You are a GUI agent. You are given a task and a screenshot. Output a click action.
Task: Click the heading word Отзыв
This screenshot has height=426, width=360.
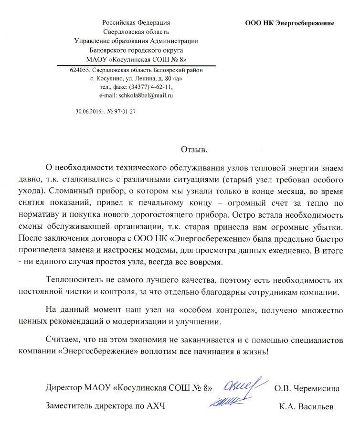pos(194,150)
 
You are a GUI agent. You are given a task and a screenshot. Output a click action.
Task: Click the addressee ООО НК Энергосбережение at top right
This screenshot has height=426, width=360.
pos(290,23)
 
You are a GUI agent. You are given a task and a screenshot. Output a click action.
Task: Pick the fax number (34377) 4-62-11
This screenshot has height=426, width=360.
pos(148,87)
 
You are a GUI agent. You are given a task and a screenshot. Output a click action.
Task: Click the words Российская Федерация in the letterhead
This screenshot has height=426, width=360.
pos(137,22)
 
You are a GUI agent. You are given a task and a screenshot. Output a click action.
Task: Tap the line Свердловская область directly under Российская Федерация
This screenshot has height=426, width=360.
pos(137,32)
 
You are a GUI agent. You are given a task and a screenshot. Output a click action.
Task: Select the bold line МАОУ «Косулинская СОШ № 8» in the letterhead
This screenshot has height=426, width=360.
pos(137,59)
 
